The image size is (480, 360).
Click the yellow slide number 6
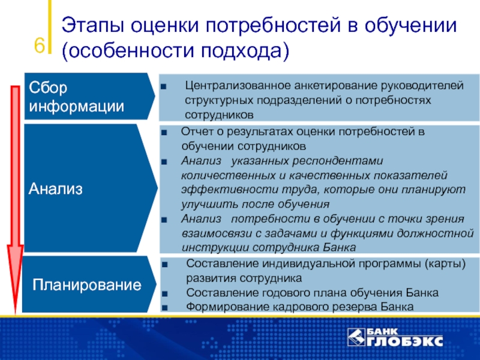[x=39, y=46]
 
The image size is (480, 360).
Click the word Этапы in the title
[x=93, y=26]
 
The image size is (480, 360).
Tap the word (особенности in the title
[x=128, y=50]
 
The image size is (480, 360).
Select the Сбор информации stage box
[x=89, y=96]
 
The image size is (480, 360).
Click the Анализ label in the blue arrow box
[x=56, y=188]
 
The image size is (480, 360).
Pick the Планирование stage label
[x=87, y=284]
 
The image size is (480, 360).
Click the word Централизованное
[x=237, y=85]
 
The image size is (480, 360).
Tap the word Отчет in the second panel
[x=198, y=131]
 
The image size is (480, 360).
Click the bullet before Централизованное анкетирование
[x=163, y=87]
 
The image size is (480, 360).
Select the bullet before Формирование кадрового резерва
[x=164, y=308]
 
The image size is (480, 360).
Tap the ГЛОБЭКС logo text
[x=404, y=341]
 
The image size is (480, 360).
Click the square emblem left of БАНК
[x=356, y=337]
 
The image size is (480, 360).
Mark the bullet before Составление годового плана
[x=164, y=294]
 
